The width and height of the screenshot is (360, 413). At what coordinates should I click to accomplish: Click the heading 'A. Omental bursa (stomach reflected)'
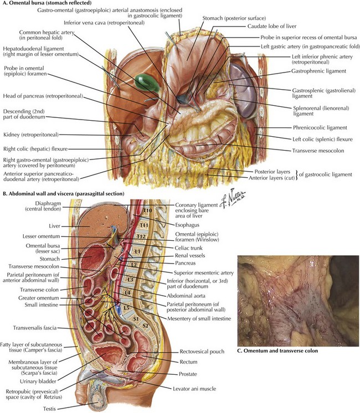(x=48, y=3)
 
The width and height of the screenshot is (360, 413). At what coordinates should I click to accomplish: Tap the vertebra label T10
(x=147, y=211)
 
